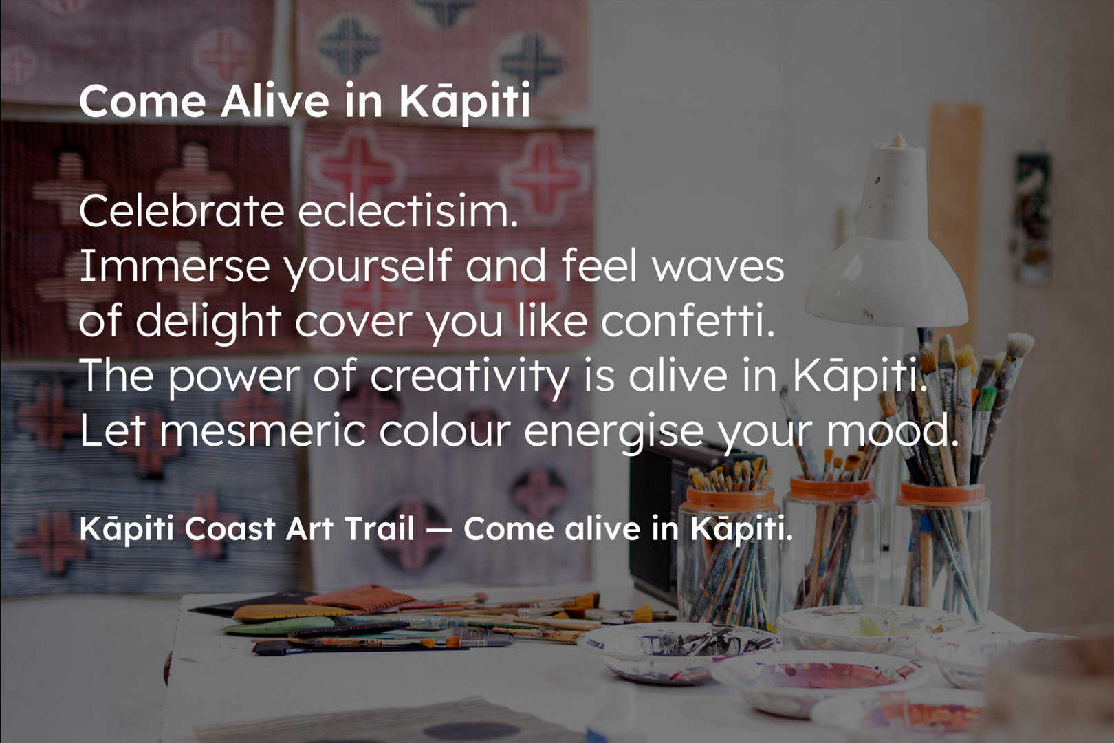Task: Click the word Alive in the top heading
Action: pyautogui.click(x=274, y=102)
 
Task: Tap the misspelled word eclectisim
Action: pyautogui.click(x=408, y=211)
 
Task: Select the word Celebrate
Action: pyautogui.click(x=182, y=211)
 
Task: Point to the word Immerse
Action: pyautogui.click(x=175, y=266)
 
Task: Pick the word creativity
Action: pyautogui.click(x=469, y=376)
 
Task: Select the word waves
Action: pyautogui.click(x=718, y=267)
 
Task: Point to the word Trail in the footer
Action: pyautogui.click(x=380, y=528)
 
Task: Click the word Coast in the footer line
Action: pyautogui.click(x=229, y=528)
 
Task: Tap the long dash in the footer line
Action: pyautogui.click(x=439, y=530)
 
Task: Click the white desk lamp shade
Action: pyautogui.click(x=886, y=259)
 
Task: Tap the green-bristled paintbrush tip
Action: pyautogui.click(x=988, y=398)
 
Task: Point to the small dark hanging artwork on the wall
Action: pyautogui.click(x=1032, y=218)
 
